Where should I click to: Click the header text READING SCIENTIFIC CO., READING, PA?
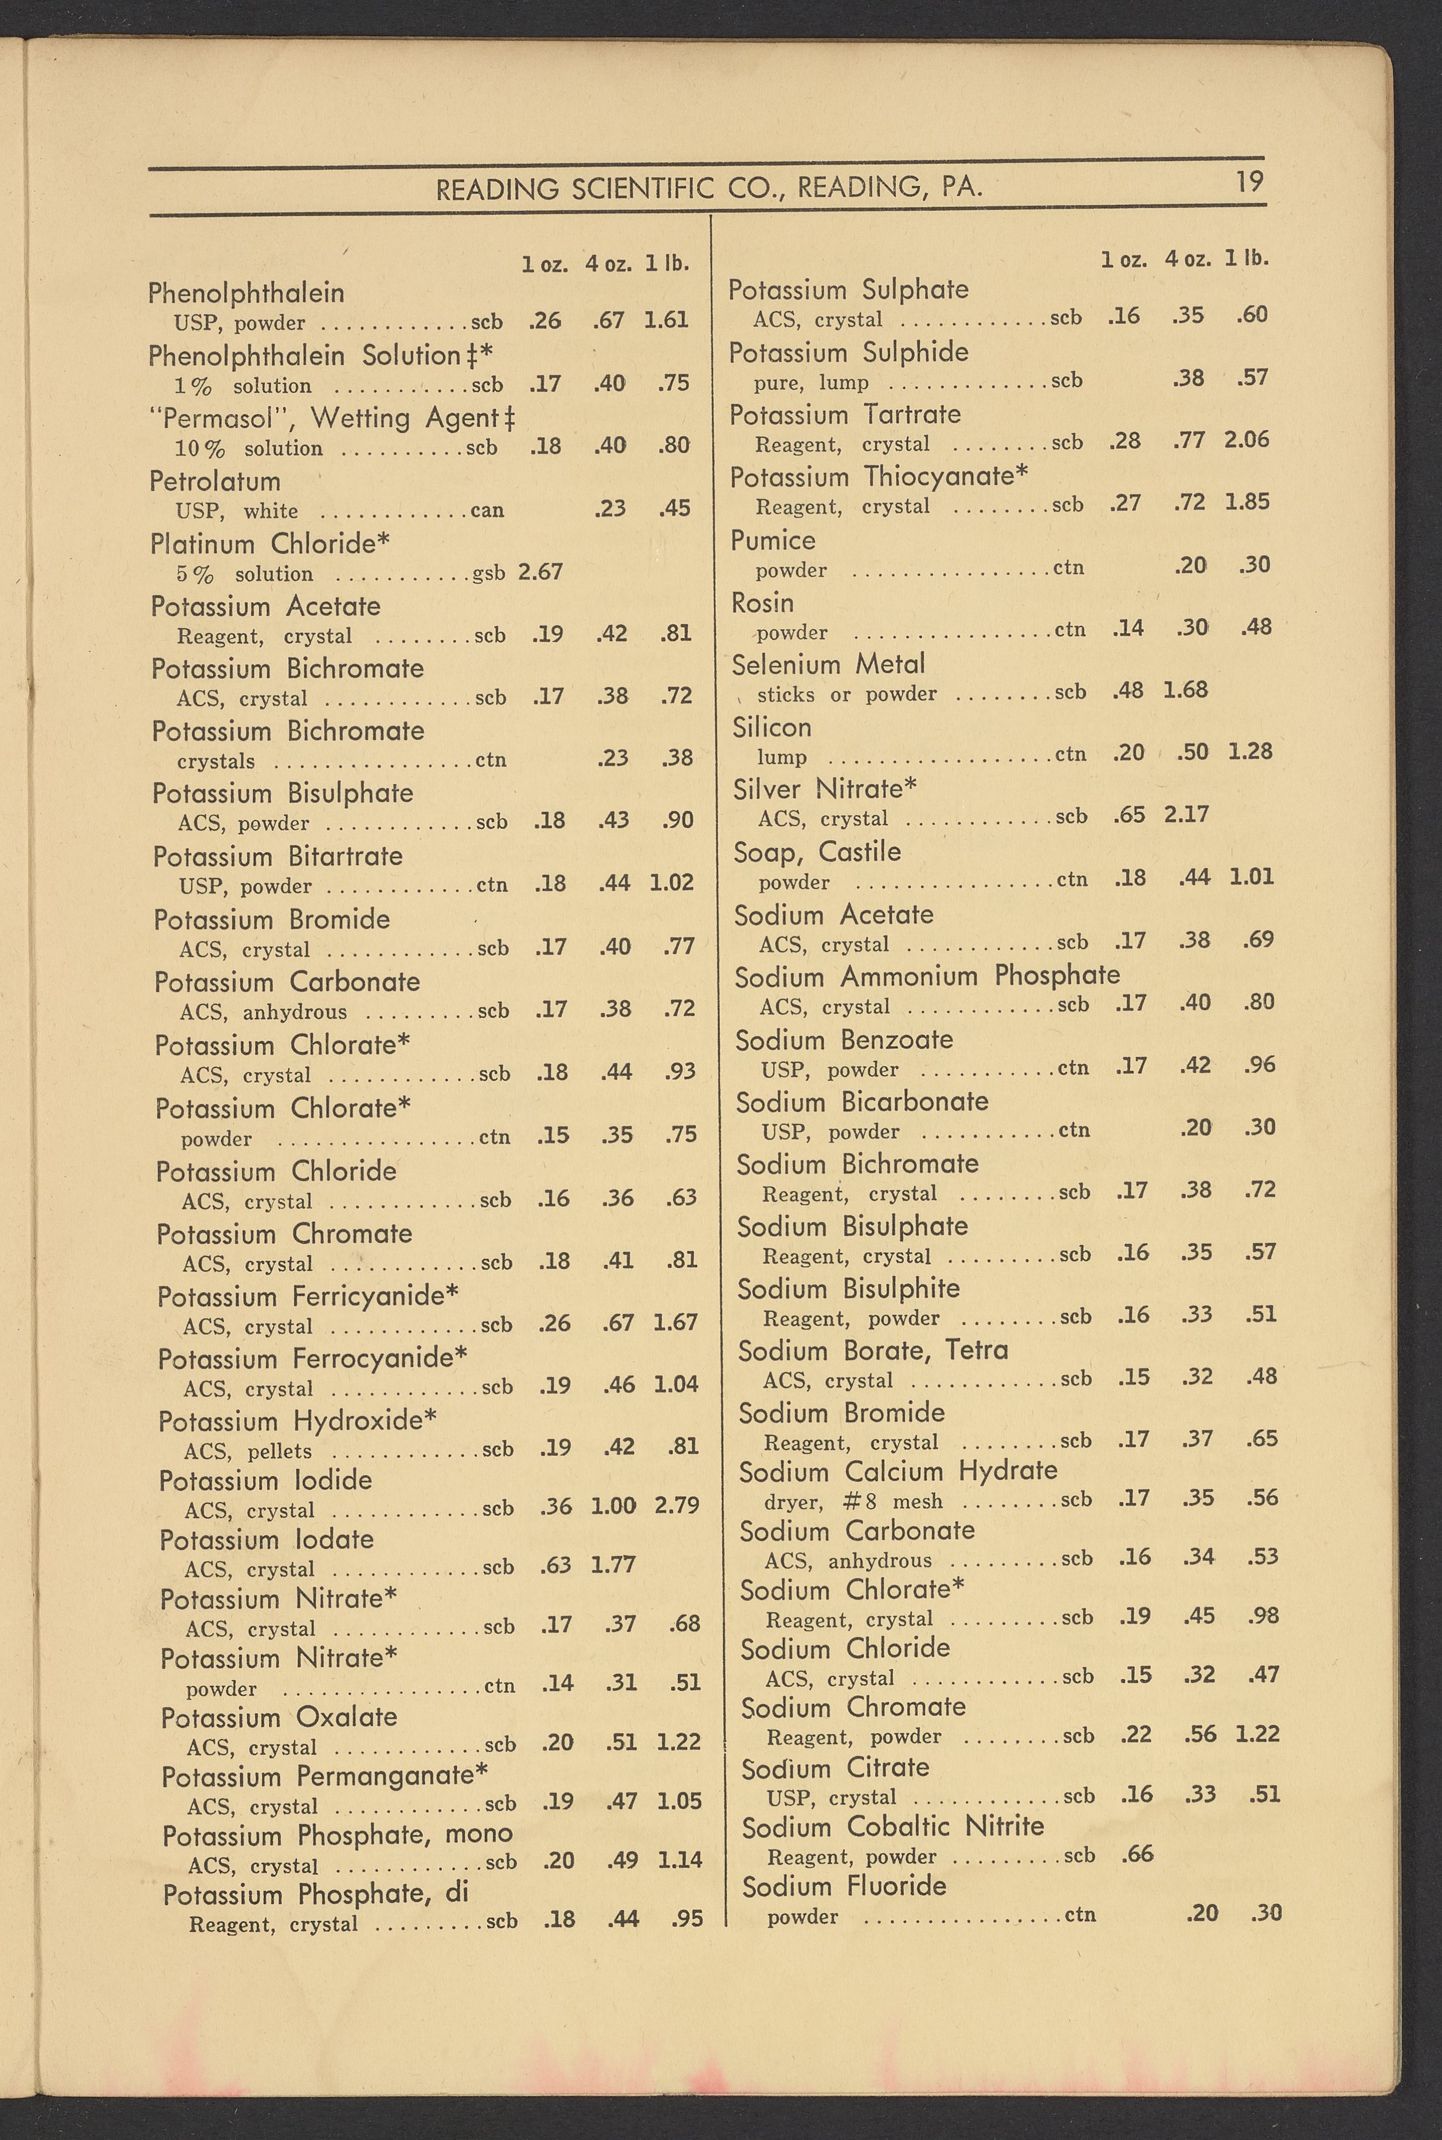pos(709,189)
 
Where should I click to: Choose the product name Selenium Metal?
pos(828,664)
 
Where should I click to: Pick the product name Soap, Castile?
pos(817,852)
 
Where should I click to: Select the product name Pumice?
pos(773,540)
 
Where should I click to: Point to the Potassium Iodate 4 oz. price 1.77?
pos(613,1564)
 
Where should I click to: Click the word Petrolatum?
pos(214,481)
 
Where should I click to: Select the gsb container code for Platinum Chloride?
pos(488,573)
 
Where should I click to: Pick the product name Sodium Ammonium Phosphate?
pos(927,976)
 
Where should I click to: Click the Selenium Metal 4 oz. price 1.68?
pos(1185,689)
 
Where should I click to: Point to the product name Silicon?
pos(771,727)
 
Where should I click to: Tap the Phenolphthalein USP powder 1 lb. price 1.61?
pos(666,320)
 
